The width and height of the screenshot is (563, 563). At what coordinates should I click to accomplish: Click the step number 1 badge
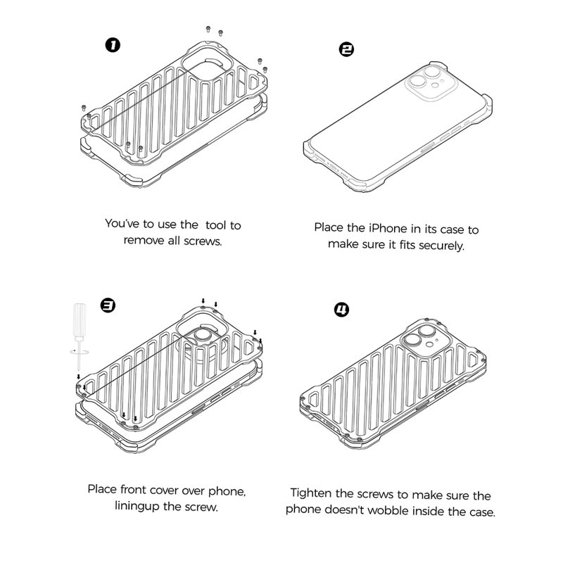[x=113, y=45]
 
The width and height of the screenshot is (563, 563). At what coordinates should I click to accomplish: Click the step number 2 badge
[x=346, y=49]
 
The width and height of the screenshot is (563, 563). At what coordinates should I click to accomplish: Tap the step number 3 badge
[x=108, y=305]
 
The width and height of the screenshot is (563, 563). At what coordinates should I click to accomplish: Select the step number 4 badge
[x=341, y=310]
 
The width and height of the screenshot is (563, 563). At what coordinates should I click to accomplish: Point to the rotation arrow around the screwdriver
[x=80, y=352]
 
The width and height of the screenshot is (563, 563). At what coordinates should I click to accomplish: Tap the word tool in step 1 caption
[x=216, y=225]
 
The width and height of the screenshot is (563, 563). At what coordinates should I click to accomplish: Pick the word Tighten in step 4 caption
[x=311, y=493]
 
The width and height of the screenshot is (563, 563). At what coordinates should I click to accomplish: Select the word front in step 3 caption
[x=133, y=489]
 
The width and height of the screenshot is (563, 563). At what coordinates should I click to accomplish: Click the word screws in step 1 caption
[x=203, y=241]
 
